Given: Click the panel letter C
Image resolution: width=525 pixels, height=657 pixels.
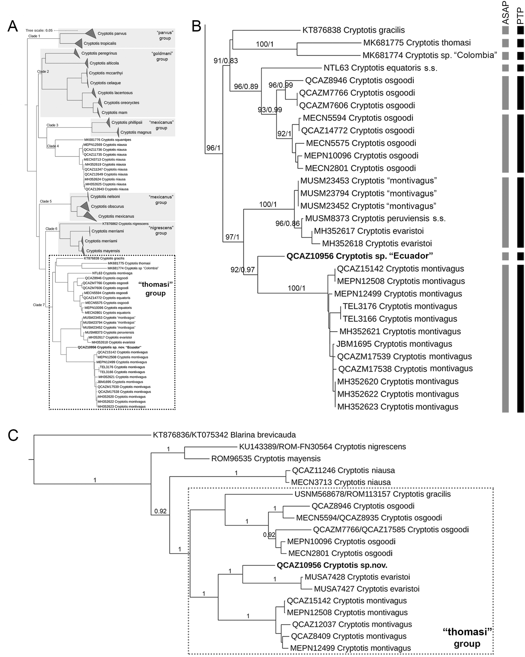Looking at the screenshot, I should pos(13,435).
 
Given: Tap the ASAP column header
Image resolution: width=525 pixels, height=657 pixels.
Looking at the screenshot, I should pos(505,13).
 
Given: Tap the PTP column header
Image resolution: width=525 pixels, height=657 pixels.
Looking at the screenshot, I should pos(520,16).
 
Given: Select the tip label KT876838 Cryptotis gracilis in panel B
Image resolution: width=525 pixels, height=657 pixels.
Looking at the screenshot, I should pos(353,30).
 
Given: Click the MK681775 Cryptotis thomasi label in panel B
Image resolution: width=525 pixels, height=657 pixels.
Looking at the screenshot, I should pos(417,43).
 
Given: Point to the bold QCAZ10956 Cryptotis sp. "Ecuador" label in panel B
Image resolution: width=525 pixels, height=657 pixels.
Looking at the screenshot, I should pos(360,256).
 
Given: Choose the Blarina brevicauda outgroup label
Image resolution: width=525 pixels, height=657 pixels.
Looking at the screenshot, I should pos(224,435).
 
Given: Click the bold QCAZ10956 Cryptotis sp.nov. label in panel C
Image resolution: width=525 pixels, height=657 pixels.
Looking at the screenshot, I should pos(332,565).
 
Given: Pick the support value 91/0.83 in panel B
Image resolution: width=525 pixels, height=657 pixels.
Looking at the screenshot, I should pos(225,61).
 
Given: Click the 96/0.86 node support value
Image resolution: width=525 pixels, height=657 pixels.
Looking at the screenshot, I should pos(287,224).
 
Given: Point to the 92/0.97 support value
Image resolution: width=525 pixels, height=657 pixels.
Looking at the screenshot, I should pos(243,270).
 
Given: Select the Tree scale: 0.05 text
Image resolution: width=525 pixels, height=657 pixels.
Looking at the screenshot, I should pos(39,31).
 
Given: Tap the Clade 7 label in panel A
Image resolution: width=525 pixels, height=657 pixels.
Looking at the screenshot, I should pos(39,305).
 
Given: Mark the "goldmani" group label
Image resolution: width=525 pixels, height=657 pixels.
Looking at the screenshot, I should pos(162,56).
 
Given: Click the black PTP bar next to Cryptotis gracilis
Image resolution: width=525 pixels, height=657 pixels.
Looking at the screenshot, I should pos(520,30).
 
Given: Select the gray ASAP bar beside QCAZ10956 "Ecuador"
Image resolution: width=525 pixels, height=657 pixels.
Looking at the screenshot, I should pos(505,256).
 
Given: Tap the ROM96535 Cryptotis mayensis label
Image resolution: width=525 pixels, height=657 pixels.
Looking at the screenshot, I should pos(266,459).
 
